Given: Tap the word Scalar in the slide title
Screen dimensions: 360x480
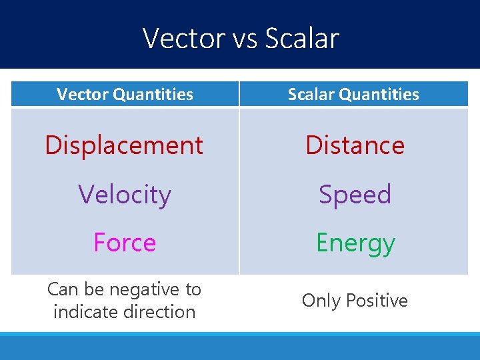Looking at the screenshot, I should pos(302,39).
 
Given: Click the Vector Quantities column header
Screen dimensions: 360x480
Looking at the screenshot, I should pos(125,95).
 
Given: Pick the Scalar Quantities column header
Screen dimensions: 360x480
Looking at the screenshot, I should pos(353,95).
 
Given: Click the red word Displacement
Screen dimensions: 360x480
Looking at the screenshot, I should pos(124,145).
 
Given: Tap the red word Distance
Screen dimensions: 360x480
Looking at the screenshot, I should pos(355,145).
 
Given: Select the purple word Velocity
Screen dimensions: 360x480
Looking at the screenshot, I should pos(125,195).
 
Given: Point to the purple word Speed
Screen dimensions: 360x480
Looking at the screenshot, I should pos(355,195).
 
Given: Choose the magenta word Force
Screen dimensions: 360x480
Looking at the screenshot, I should pos(125,243).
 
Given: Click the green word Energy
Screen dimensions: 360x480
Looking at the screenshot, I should pos(355,243).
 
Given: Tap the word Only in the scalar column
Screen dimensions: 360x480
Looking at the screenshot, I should pos(321,301).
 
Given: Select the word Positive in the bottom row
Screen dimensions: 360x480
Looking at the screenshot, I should pos(376,301).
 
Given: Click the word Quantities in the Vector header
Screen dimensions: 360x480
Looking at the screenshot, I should pos(153,95).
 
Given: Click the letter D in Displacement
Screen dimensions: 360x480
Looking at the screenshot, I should pos(51,145).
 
